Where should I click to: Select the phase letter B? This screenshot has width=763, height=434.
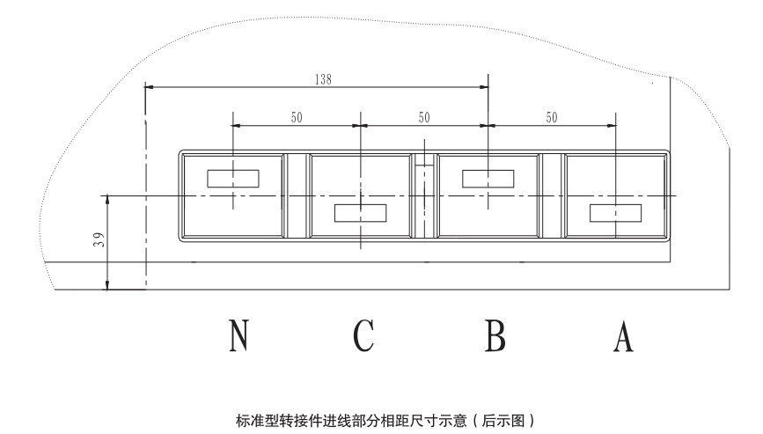(x=494, y=335)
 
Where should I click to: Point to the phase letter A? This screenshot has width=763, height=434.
(x=623, y=335)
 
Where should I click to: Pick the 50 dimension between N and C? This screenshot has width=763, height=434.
(x=297, y=116)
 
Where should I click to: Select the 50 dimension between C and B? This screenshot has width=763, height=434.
(x=424, y=116)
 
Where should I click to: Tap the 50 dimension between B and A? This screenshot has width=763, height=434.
(x=552, y=116)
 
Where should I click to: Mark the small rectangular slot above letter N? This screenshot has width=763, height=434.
(x=232, y=178)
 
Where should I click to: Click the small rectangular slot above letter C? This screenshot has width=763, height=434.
(x=361, y=212)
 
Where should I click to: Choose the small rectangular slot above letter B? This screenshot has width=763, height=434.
(x=488, y=178)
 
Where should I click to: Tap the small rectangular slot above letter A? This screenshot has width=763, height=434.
(x=615, y=212)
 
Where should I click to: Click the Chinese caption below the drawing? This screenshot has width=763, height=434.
(x=381, y=421)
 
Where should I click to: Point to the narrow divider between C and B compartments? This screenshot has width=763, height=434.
(x=424, y=195)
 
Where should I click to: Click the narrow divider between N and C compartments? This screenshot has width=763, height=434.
(x=297, y=195)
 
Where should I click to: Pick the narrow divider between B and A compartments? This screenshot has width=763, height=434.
(x=552, y=195)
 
